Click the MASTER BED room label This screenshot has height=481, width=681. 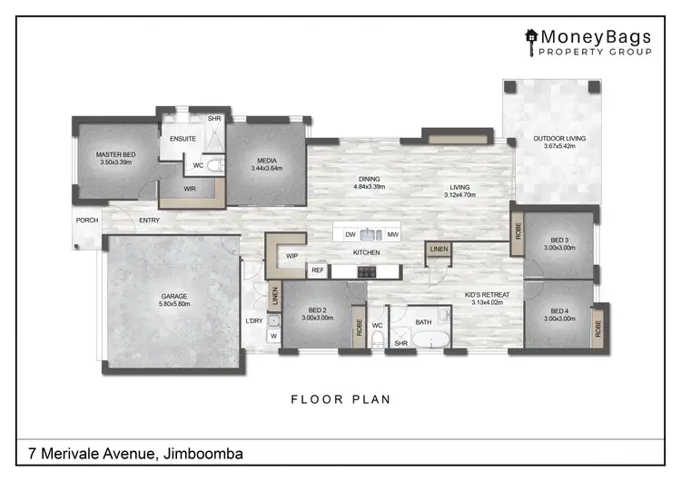[x=115, y=155]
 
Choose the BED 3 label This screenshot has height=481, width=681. [x=559, y=238]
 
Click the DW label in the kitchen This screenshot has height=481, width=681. [x=350, y=234]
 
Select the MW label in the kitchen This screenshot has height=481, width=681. [x=393, y=234]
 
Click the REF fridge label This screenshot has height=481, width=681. [x=318, y=270]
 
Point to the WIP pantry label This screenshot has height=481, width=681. [x=292, y=256]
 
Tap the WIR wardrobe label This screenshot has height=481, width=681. [x=190, y=189]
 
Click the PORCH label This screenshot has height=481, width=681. [x=87, y=220]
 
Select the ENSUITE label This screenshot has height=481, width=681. [x=184, y=139]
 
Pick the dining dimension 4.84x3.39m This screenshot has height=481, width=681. [x=370, y=188]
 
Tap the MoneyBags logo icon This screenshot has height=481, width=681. [x=531, y=37]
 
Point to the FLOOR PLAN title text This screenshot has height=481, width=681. [x=340, y=398]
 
